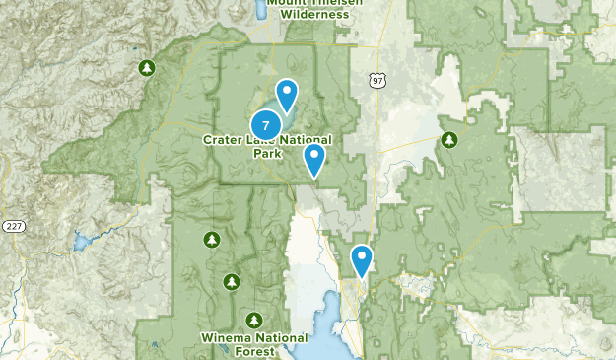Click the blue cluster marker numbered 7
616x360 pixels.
pos(265,125)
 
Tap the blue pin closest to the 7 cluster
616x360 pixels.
pos(286,96)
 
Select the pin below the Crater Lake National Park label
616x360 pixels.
pos(314,160)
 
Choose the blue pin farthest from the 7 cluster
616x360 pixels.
pos(362,260)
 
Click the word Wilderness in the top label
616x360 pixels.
pos(313,15)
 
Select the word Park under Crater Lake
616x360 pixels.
pos(268,154)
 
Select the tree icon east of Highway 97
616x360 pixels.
pos(448,139)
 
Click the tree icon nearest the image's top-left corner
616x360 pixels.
pos(147,68)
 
